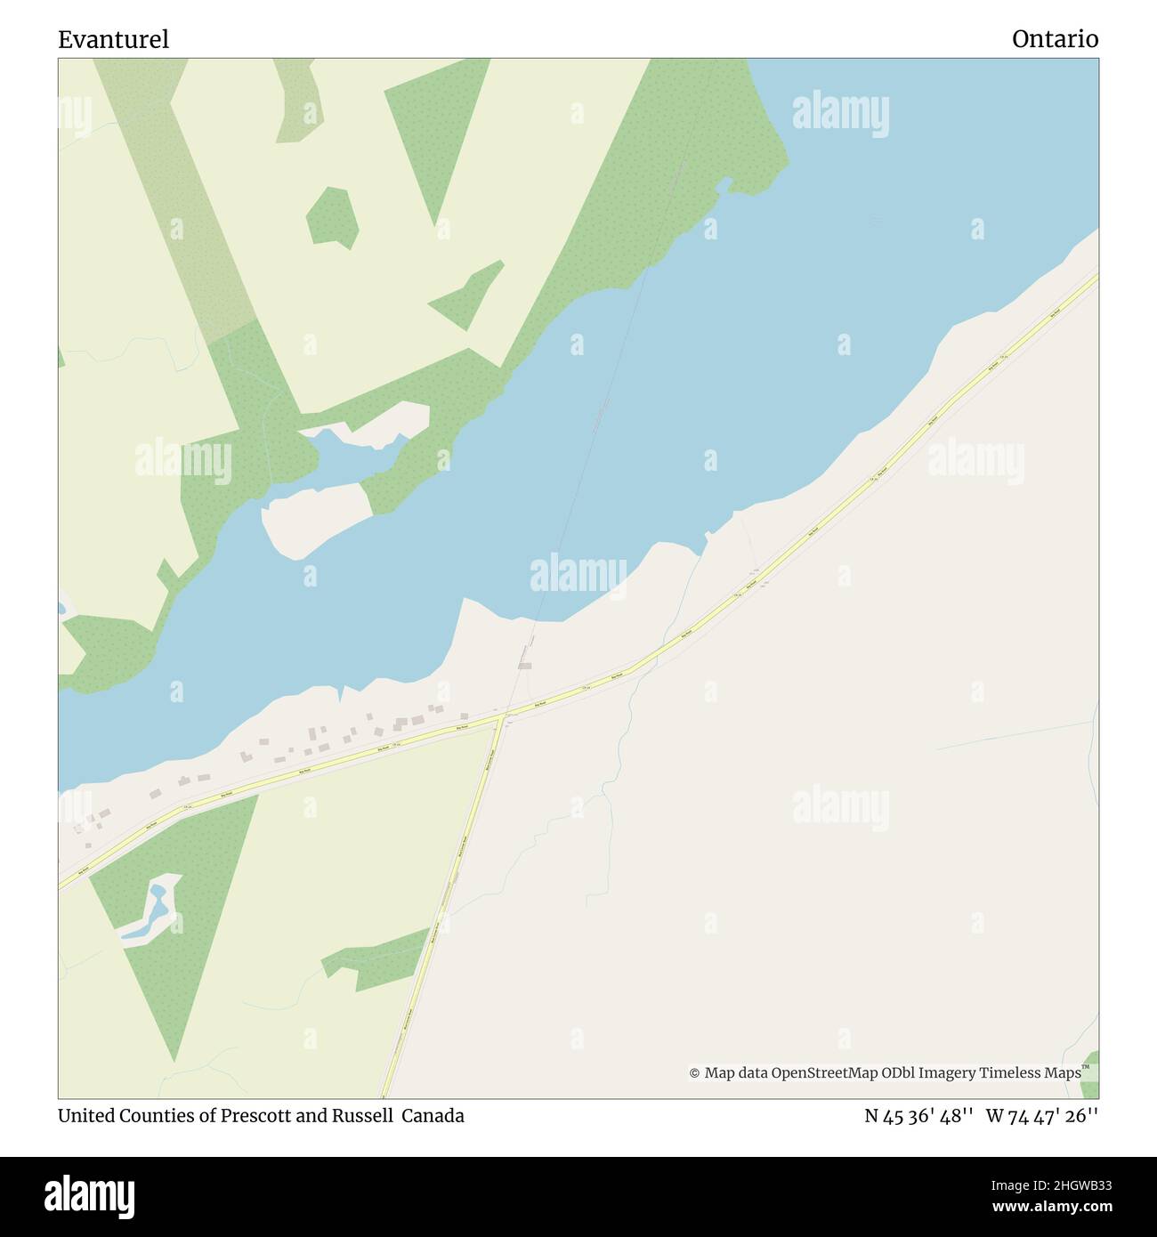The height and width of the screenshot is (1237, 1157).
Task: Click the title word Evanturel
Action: click(113, 39)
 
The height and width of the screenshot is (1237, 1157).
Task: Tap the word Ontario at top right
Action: click(1055, 39)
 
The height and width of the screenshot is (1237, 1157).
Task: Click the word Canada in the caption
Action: click(433, 1116)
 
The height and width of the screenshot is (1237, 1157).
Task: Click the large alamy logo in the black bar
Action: click(90, 1195)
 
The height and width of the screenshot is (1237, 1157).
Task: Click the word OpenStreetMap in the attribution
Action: click(824, 1073)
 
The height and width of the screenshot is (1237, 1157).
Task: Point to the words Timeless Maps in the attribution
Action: click(1030, 1073)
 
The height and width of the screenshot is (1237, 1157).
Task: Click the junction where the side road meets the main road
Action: click(505, 714)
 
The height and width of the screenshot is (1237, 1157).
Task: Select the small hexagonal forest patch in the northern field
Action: click(332, 216)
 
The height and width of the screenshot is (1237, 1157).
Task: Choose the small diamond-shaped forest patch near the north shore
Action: click(468, 295)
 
